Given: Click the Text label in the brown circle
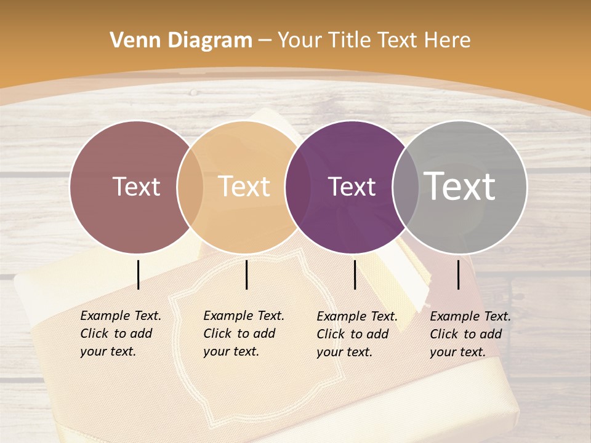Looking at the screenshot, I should (136, 186).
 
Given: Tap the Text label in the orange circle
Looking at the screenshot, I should (244, 186).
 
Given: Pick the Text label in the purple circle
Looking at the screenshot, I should (352, 186).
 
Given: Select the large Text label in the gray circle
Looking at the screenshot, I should (460, 186).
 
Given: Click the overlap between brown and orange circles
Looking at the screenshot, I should (190, 186).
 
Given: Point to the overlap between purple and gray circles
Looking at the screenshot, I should (406, 186).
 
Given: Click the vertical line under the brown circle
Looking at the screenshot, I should (138, 274).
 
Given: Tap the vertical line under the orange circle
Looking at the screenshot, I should (246, 274).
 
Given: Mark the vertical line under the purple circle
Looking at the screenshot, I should (355, 274).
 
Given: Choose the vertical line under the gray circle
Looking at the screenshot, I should (459, 274).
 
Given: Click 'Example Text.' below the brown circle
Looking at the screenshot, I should (121, 316).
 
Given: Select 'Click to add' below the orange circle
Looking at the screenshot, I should (239, 333).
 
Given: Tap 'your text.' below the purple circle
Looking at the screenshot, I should (344, 352).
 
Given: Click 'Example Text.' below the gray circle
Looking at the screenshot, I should (470, 316).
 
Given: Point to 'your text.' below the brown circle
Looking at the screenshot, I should (108, 351).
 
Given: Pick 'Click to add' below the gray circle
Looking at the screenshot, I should (465, 334).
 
